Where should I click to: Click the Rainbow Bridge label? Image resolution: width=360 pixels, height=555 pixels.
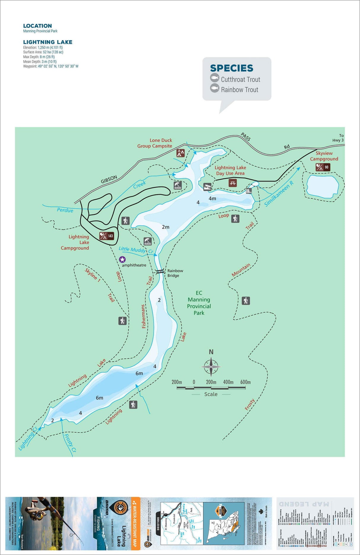175,273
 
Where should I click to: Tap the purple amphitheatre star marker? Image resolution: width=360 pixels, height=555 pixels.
122,260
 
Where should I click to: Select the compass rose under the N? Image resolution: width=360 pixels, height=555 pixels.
211,367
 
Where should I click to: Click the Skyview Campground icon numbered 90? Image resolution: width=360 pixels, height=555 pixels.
323,167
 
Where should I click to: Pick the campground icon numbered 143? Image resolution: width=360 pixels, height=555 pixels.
106,236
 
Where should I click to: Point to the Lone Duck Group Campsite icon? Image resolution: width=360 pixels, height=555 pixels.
180,153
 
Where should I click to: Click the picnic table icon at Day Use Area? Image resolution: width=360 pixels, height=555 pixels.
233,183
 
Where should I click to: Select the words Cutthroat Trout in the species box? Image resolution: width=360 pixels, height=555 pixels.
240,79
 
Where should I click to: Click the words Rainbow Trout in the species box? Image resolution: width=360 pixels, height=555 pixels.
240,90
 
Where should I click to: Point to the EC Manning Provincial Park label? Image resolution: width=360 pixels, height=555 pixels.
199,303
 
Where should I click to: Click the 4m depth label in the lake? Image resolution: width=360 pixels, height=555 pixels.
212,198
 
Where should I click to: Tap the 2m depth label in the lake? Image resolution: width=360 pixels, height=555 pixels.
165,227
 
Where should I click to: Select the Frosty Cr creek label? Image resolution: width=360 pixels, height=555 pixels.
70,443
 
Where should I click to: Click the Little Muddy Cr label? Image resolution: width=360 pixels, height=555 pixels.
136,250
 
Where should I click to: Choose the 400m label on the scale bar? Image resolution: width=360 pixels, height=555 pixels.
228,382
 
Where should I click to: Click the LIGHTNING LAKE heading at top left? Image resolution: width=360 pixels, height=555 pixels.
48,42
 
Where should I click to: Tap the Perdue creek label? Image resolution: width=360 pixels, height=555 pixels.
65,210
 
